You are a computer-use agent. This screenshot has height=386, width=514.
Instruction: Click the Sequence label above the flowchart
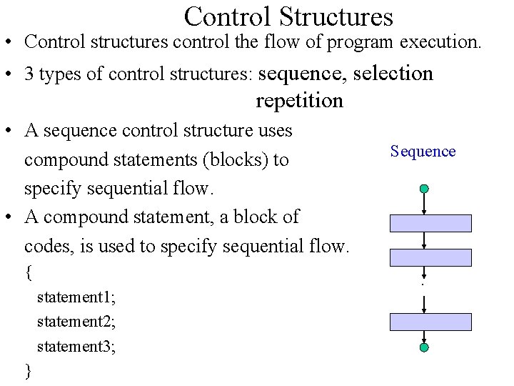pyautogui.click(x=423, y=151)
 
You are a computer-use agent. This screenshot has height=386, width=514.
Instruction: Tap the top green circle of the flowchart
pyautogui.click(x=424, y=189)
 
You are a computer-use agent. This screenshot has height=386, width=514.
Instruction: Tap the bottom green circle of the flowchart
pyautogui.click(x=424, y=348)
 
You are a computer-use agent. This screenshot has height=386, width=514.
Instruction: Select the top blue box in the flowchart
pyautogui.click(x=430, y=223)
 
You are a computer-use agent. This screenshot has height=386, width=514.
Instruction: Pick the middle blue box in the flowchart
pyautogui.click(x=430, y=257)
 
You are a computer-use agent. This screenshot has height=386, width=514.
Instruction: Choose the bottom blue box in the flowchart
pyautogui.click(x=430, y=322)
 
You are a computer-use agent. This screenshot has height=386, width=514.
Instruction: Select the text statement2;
pyautogui.click(x=76, y=321)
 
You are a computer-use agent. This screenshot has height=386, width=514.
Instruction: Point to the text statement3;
pyautogui.click(x=76, y=347)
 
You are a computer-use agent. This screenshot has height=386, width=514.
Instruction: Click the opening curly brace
pyautogui.click(x=28, y=272)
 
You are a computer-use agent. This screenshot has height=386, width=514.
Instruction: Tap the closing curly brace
pyautogui.click(x=28, y=370)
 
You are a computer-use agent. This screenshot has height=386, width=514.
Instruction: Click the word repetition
pyautogui.click(x=299, y=101)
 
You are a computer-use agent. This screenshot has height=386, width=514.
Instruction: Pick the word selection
pyautogui.click(x=393, y=74)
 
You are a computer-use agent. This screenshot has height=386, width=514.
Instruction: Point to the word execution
pyautogui.click(x=440, y=42)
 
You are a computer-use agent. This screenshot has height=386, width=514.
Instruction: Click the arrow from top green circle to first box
pyautogui.click(x=424, y=204)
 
